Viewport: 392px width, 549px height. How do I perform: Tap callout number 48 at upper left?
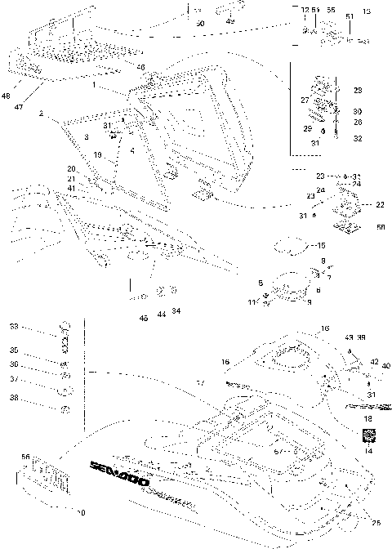point(7,96)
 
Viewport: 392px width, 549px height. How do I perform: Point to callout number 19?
point(96,154)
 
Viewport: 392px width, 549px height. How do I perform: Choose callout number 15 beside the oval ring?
point(321,245)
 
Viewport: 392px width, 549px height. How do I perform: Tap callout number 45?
point(144,318)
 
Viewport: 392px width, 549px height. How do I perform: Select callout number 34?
point(176,311)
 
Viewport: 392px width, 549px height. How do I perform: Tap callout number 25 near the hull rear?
point(375,523)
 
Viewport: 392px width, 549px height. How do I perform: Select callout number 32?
point(381,139)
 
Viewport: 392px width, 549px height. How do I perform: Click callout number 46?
point(141,67)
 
